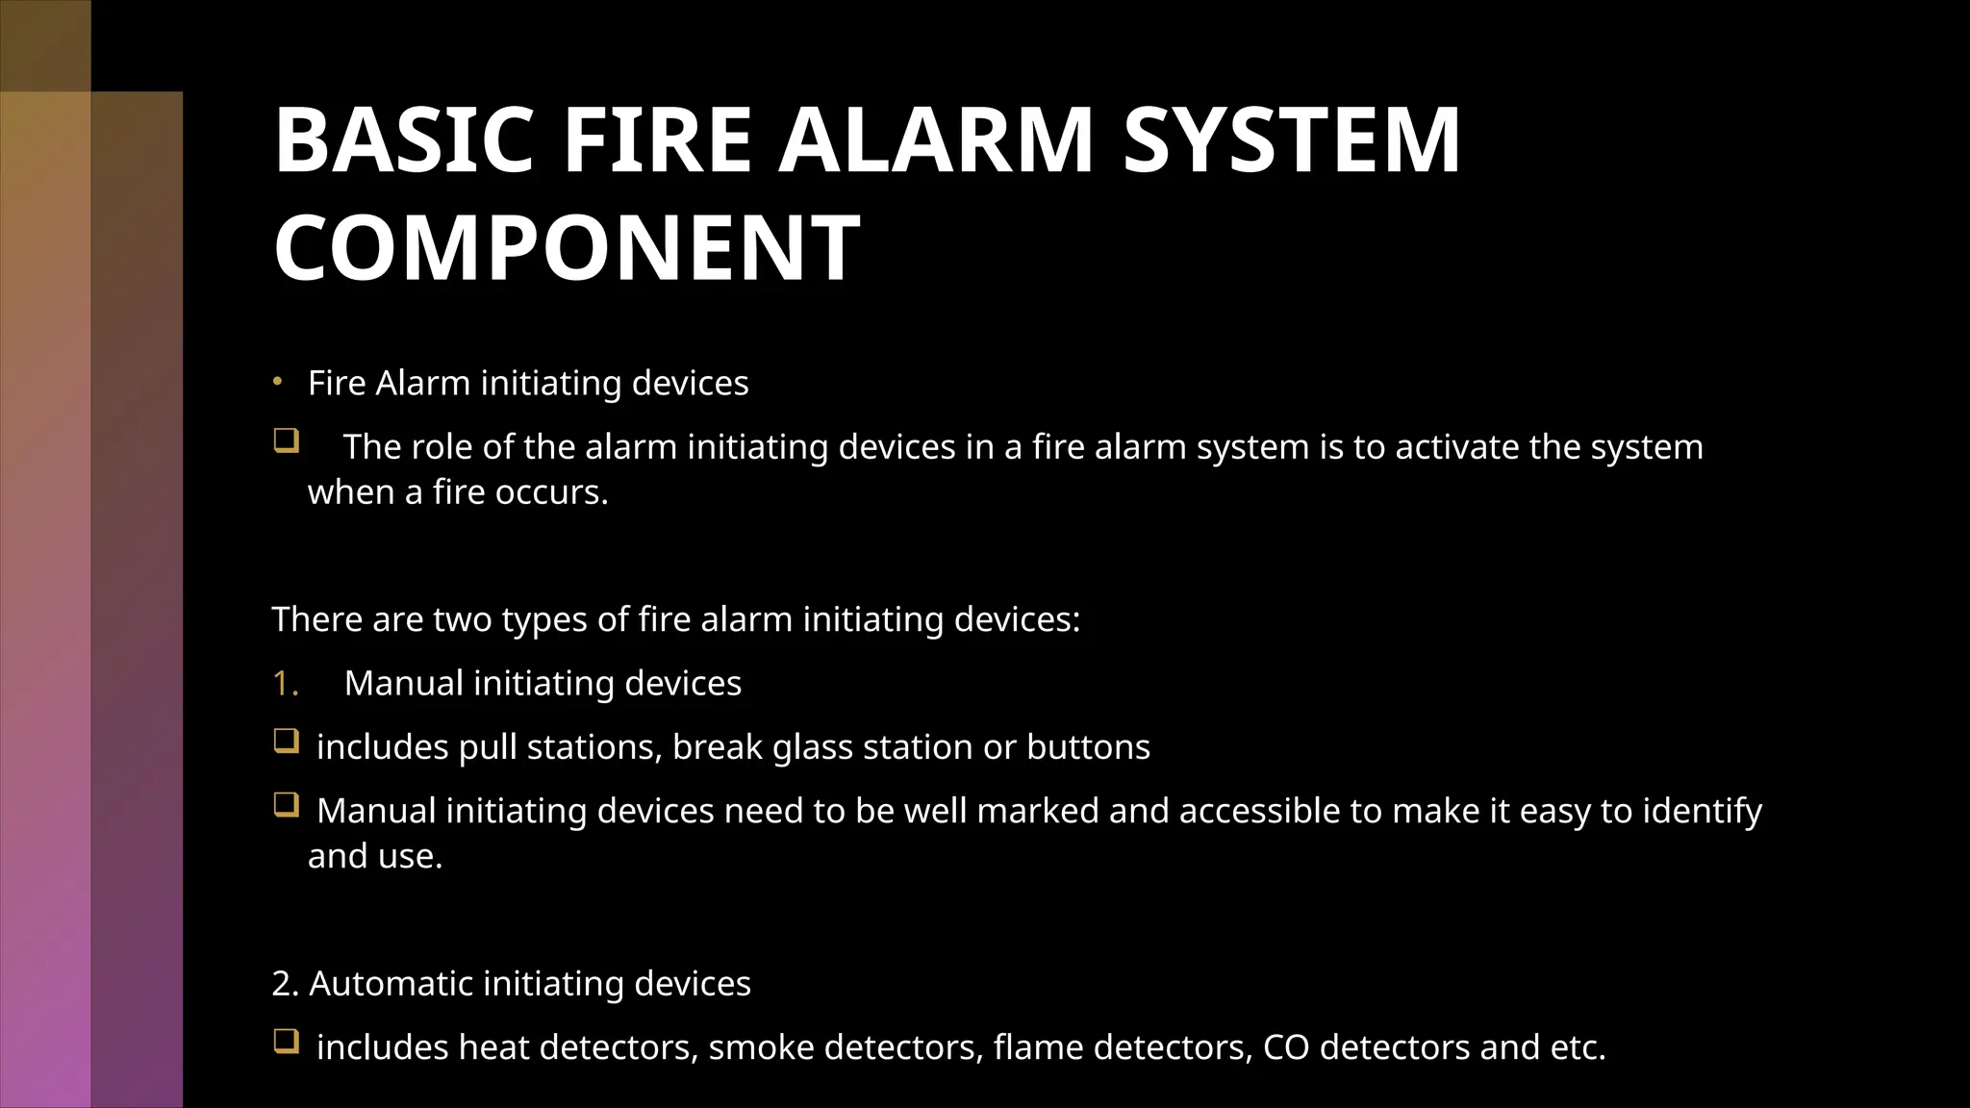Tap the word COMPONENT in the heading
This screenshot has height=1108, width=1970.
[x=567, y=248]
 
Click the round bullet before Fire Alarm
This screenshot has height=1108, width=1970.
[x=277, y=382]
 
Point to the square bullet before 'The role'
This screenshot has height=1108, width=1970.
[x=286, y=441]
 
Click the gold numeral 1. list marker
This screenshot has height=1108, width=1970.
[x=286, y=683]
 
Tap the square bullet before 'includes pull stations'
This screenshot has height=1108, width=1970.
[x=286, y=742]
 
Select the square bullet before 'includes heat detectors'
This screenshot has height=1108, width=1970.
[x=286, y=1042]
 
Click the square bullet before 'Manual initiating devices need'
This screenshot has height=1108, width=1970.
[x=286, y=805]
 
